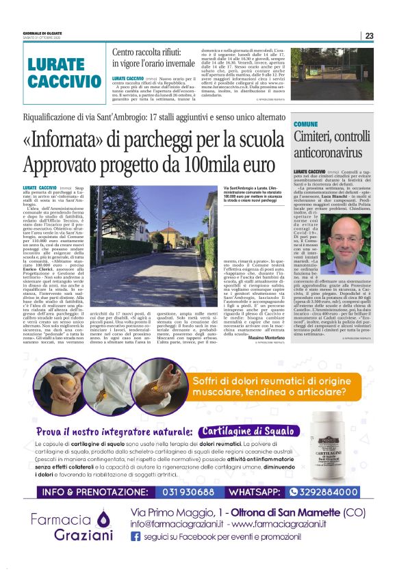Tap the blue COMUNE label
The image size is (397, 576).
pyautogui.click(x=305, y=123)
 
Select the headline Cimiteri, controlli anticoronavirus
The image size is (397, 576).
pyautogui.click(x=333, y=144)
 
